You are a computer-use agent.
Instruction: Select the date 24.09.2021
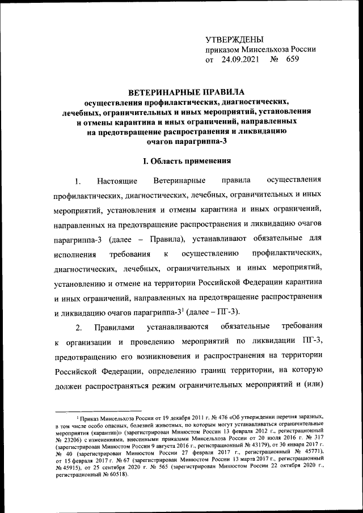pyautogui.click(x=240, y=59)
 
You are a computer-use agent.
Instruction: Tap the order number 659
pyautogui.click(x=293, y=59)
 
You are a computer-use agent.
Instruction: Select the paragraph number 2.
pyautogui.click(x=79, y=327)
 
